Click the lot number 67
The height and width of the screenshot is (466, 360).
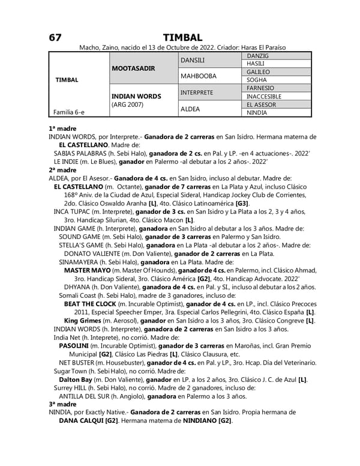tap(55, 37)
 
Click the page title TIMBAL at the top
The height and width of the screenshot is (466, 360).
tap(182, 37)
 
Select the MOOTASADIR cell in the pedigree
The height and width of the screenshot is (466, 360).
tap(133, 68)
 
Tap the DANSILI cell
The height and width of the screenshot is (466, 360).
tap(193, 60)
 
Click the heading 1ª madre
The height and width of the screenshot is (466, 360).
tap(61, 129)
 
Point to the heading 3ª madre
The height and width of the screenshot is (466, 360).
tap(61, 404)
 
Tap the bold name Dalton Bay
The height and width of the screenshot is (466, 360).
tap(76, 380)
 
